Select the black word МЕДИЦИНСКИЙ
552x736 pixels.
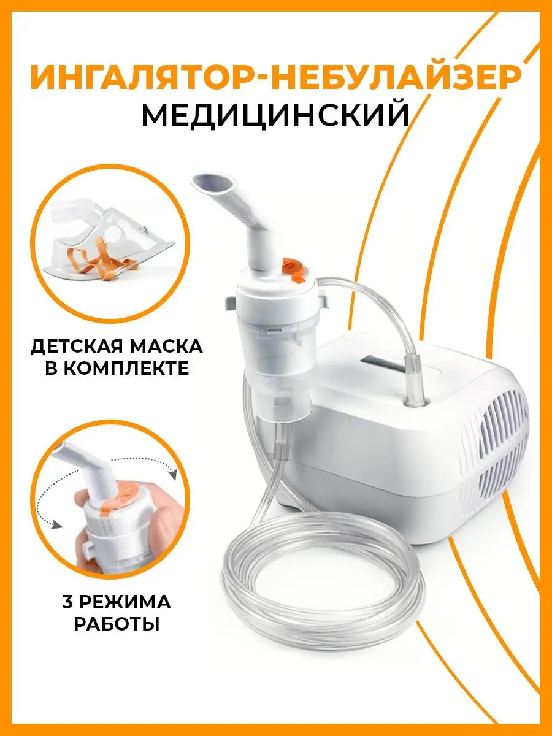click(275, 114)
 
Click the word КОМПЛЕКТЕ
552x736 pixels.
click(131, 368)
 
